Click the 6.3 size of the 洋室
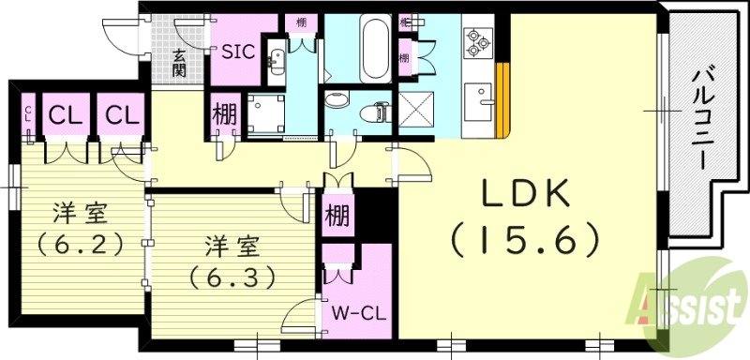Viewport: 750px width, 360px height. [x=231, y=277]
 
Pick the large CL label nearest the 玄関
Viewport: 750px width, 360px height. [x=122, y=115]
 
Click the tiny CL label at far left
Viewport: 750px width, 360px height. [x=27, y=115]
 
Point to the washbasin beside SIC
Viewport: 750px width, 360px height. [x=277, y=62]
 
